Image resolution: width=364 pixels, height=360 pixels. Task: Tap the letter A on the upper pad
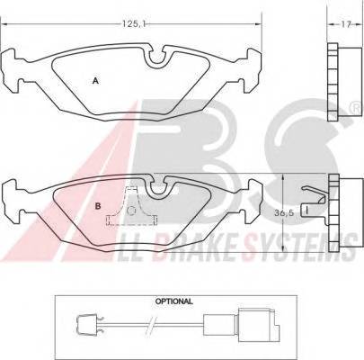click(x=95, y=80)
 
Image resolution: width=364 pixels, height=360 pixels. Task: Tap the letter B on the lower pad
click(x=96, y=206)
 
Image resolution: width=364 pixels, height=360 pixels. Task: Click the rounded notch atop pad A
click(x=160, y=60)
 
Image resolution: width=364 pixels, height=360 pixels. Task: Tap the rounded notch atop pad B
click(x=159, y=188)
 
